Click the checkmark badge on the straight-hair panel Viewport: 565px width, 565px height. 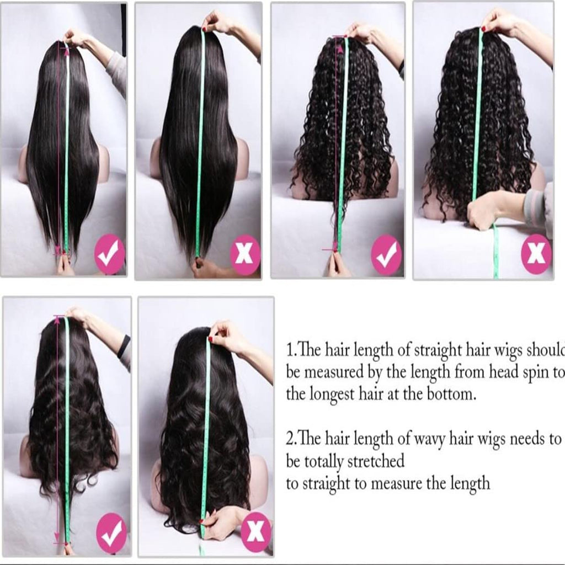110,254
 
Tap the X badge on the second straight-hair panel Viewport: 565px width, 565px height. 246,255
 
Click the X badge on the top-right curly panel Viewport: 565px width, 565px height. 536,254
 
